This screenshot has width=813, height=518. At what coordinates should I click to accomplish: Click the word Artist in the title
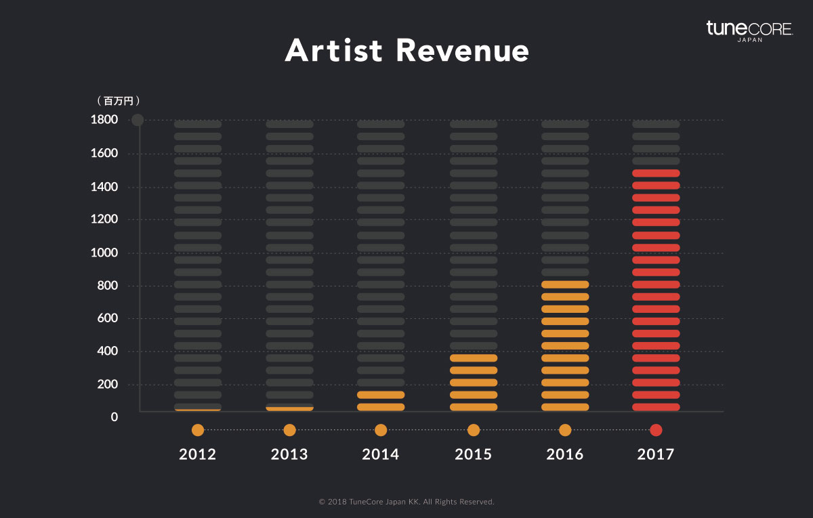coord(333,51)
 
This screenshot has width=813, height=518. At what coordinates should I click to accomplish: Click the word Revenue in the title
coord(463,51)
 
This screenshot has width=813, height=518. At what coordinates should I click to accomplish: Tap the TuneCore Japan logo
coord(749,31)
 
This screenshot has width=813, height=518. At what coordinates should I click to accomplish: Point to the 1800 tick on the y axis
coord(104,121)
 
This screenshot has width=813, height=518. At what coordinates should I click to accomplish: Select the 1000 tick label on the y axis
coord(104,253)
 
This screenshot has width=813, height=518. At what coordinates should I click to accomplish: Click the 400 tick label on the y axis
coord(107,351)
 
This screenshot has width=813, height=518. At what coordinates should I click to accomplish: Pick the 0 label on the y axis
coord(114,417)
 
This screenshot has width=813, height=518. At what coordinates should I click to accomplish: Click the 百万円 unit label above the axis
coord(118,101)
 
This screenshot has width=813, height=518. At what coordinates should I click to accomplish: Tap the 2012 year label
coord(198,454)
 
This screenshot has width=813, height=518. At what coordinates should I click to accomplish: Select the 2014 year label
coord(381,454)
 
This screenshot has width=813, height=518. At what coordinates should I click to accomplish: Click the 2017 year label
coord(656,454)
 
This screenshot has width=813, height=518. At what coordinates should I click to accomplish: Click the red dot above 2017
coord(656,430)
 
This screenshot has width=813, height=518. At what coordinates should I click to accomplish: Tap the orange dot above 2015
coord(474,430)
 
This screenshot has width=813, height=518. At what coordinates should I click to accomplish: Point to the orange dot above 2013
coord(289,430)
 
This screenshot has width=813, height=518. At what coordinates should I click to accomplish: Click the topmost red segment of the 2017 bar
coord(656,173)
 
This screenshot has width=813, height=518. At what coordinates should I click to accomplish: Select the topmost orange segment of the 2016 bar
coord(565,284)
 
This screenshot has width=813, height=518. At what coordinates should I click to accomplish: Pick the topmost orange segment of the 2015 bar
coord(474,358)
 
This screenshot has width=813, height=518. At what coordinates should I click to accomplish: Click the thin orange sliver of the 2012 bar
coord(198,410)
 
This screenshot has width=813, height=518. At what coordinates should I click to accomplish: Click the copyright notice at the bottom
coord(406,502)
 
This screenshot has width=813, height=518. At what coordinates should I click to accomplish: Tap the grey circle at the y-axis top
coord(138,121)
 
